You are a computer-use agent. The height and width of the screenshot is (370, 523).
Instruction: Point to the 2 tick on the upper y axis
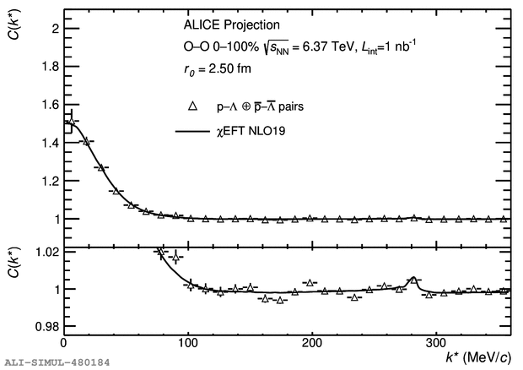coord(54,28)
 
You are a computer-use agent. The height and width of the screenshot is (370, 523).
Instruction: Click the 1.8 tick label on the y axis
coord(49,66)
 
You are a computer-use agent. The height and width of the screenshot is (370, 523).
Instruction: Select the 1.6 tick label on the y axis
coord(49,105)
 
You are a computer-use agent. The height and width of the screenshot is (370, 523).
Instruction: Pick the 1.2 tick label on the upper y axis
coord(49,181)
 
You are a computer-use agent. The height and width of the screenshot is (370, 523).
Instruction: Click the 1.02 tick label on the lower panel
coord(46,253)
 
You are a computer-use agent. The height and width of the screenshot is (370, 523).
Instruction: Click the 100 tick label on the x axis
coord(188,344)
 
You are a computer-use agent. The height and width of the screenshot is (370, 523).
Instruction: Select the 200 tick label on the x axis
coord(313,344)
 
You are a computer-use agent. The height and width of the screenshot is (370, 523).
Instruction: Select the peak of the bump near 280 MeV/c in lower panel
coord(413,279)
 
